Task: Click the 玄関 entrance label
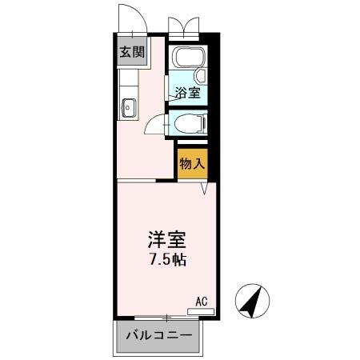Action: tap(132, 54)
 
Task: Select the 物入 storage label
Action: tap(193, 163)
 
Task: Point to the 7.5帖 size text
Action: tap(166, 259)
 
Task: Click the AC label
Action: tap(202, 301)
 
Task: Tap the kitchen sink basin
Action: tap(128, 106)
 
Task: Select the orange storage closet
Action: tap(193, 164)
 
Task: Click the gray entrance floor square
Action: tap(132, 53)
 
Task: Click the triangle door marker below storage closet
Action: tap(206, 188)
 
